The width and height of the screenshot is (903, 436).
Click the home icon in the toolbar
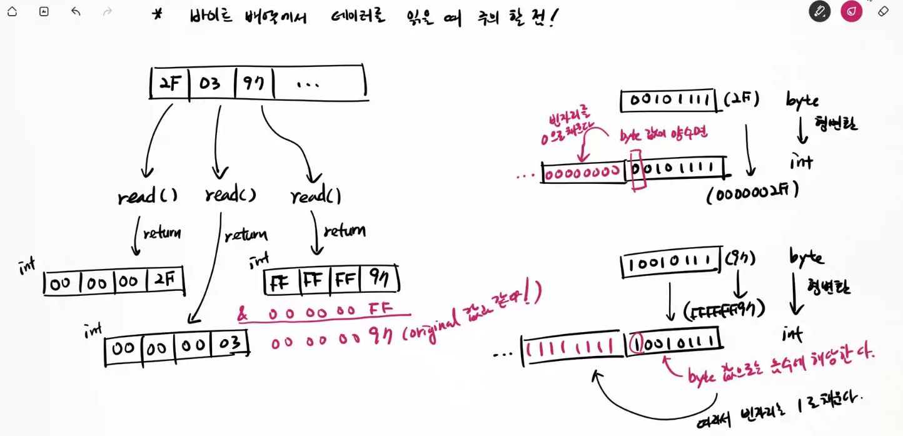tap(12, 11)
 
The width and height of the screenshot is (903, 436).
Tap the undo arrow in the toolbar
tap(76, 11)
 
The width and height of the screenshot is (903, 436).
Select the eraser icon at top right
tap(883, 11)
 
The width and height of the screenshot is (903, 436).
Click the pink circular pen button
tap(851, 11)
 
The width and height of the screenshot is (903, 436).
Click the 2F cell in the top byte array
tap(169, 83)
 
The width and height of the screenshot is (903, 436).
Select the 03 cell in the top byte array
tap(211, 83)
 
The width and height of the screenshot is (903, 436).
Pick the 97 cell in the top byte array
tap(255, 83)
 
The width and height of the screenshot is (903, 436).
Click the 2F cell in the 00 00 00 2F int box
tap(164, 281)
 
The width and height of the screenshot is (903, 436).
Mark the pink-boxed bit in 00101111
tap(637, 169)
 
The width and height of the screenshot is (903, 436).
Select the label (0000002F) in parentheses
tap(753, 193)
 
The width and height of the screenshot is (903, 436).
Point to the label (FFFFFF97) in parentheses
tap(724, 309)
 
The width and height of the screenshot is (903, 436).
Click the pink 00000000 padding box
tap(583, 173)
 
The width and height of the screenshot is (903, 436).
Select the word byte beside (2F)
tap(802, 101)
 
